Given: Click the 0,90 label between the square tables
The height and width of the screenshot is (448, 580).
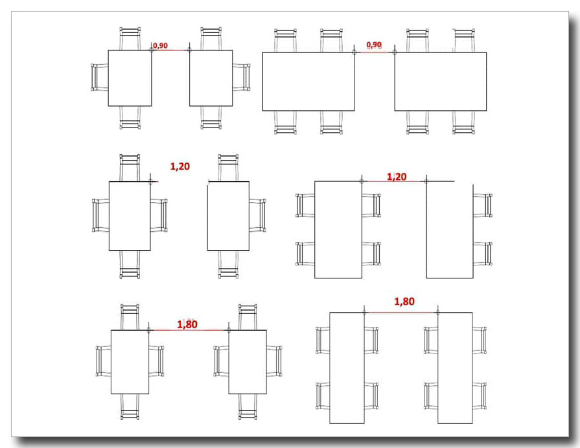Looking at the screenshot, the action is (x=160, y=45).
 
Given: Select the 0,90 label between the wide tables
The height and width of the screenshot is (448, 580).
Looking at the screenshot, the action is (x=374, y=45).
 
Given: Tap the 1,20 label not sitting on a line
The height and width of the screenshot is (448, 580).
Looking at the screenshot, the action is (x=180, y=166).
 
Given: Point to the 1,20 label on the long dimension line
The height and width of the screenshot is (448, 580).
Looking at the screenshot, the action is (x=397, y=177).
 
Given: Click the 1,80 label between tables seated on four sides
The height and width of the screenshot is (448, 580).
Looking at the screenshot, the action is (x=187, y=324).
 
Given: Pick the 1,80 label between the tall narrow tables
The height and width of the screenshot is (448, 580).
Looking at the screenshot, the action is (x=404, y=301).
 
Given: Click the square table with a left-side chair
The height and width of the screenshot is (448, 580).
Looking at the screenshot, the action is (x=130, y=78).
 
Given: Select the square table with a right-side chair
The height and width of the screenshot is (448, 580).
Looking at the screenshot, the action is (x=211, y=78).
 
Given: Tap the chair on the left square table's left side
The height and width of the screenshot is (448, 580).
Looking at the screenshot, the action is (x=100, y=78).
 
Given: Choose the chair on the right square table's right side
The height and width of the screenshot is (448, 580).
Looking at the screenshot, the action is (x=242, y=78).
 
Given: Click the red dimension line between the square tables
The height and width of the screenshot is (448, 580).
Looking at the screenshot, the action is (x=170, y=50).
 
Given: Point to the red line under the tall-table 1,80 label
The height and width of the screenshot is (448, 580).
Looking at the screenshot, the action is (x=401, y=313).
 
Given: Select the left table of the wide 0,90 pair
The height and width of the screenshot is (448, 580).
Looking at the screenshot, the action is (x=308, y=82).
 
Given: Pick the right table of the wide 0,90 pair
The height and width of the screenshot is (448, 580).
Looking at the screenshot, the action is (x=441, y=82).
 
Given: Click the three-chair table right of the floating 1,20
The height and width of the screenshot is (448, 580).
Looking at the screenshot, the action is (x=228, y=216).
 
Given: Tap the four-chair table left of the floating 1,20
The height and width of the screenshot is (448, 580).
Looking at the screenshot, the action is (x=130, y=216).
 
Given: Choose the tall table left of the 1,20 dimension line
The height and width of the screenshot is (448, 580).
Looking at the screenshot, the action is (x=338, y=230).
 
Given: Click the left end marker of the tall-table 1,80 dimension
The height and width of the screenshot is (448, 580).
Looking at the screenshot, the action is (x=365, y=313).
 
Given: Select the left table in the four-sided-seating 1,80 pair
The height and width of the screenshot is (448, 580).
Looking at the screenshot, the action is (x=130, y=362).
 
